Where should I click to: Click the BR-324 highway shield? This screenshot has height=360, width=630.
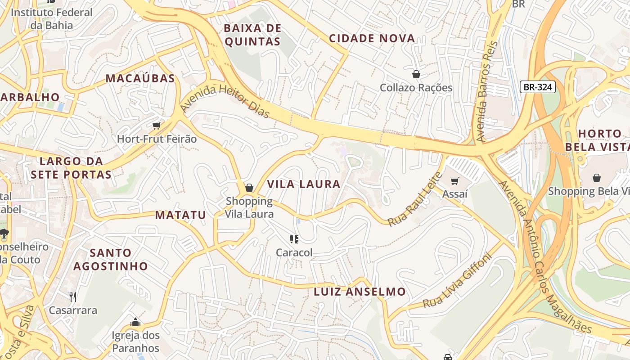(x=538, y=87)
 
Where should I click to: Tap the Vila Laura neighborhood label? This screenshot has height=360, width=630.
(x=304, y=184)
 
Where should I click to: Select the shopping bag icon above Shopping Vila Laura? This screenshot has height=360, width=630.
(x=249, y=188)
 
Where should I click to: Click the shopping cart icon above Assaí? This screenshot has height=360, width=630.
(x=454, y=181)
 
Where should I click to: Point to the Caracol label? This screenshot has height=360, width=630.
(x=294, y=253)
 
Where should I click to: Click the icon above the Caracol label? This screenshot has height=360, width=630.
(x=294, y=239)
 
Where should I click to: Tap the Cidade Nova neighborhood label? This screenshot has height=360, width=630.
(x=372, y=38)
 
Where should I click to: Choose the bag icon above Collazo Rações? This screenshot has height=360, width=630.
(x=416, y=74)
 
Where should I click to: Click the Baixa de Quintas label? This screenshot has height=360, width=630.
(x=252, y=35)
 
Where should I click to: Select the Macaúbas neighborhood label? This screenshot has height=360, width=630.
(x=140, y=78)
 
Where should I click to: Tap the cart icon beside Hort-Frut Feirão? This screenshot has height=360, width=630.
(x=157, y=126)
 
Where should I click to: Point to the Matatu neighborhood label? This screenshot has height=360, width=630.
(x=180, y=215)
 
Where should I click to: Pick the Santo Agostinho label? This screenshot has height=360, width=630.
(x=111, y=259)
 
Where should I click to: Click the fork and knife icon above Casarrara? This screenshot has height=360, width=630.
(x=73, y=297)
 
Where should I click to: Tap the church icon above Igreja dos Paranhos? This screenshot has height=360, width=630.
(x=135, y=322)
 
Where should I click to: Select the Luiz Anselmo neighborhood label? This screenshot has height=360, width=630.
(x=360, y=292)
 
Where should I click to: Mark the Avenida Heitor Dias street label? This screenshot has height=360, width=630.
(x=225, y=100)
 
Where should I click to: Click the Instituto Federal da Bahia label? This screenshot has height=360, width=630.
(x=51, y=18)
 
